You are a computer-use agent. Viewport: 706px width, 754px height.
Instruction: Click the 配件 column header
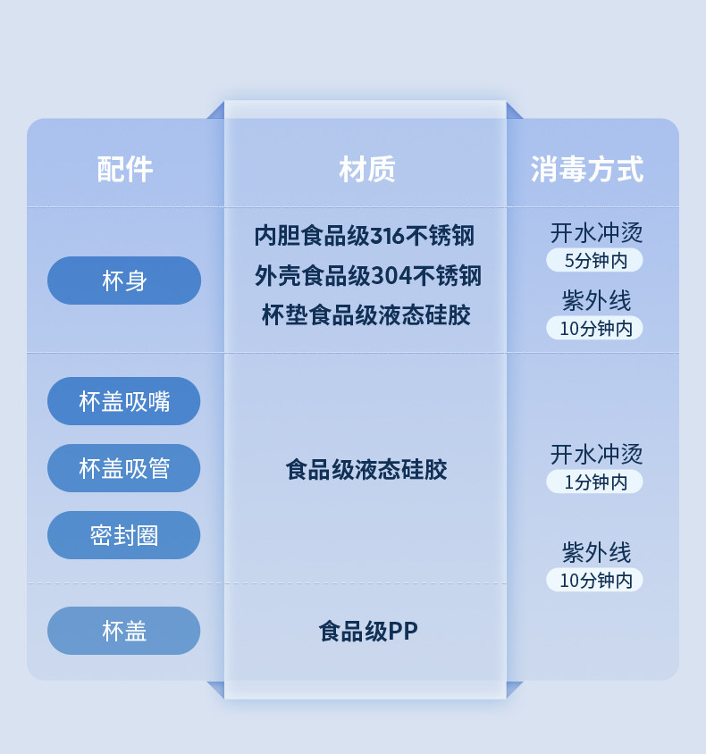124,169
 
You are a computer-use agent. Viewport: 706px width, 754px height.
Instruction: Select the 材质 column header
366,169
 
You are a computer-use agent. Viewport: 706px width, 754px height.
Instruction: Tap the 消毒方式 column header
586,169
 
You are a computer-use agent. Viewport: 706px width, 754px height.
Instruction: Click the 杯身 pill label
124,281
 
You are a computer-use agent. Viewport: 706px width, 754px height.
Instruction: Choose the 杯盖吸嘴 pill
124,401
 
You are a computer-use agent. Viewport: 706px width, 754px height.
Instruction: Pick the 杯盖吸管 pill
124,468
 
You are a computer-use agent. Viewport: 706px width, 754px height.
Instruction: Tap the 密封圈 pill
124,535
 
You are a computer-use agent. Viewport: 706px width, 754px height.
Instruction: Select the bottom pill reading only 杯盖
124,631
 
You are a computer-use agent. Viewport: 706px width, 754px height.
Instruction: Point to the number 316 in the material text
388,236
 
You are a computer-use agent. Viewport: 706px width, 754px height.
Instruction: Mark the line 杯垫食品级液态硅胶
366,315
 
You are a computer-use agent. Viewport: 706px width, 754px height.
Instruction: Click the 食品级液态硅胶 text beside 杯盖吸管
366,469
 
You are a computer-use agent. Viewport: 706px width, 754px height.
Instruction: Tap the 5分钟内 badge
594,261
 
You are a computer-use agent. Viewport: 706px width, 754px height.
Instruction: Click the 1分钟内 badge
594,482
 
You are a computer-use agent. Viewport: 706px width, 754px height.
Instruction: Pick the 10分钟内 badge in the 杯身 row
595,328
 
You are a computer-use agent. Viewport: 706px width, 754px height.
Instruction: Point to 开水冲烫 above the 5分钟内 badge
596,234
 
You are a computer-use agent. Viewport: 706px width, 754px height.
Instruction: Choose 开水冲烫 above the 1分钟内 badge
596,455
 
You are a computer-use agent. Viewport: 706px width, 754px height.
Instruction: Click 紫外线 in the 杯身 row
596,300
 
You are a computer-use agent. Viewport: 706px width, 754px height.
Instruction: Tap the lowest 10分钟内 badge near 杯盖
595,580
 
